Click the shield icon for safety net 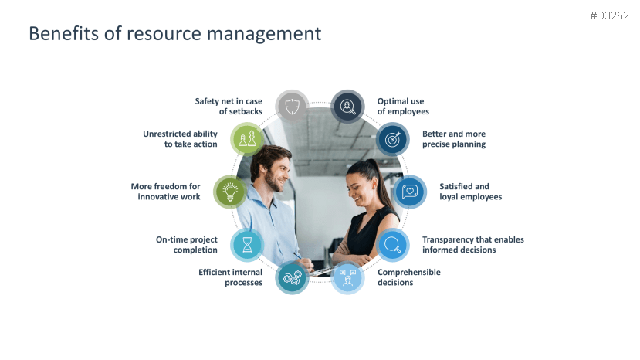(x=292, y=107)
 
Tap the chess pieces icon (x=248, y=139)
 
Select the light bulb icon (x=230, y=192)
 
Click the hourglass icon (x=247, y=245)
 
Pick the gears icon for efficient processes (x=292, y=278)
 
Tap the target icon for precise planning (x=393, y=139)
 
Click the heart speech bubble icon (x=410, y=192)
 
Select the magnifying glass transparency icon (x=393, y=245)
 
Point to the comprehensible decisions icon (x=348, y=278)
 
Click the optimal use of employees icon (x=348, y=107)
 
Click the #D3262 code (x=608, y=15)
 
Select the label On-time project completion (x=187, y=245)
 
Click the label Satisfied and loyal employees (x=470, y=192)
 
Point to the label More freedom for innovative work (x=166, y=192)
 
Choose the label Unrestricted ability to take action (x=180, y=139)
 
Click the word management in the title (x=272, y=34)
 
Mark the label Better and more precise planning (x=454, y=139)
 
